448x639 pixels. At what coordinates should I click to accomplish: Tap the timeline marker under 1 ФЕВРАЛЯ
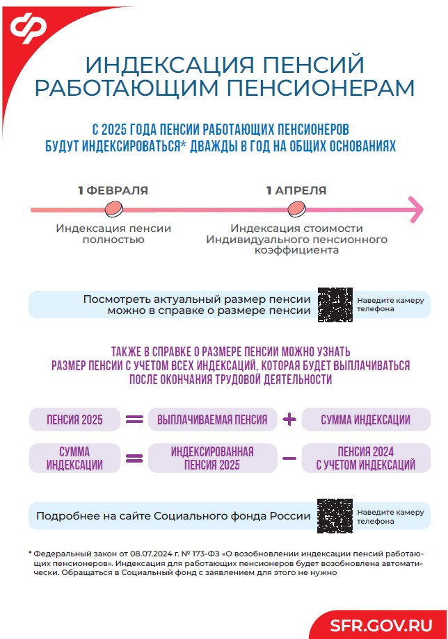[113, 208]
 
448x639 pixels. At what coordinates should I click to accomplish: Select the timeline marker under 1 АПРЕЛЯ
[296, 208]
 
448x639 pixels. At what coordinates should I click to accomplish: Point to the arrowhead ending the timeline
[416, 209]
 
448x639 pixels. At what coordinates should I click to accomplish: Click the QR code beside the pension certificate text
[335, 304]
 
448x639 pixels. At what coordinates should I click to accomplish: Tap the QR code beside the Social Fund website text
[335, 516]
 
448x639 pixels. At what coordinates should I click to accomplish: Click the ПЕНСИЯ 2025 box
[74, 420]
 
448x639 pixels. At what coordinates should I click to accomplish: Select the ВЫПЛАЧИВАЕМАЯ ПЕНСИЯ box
[212, 420]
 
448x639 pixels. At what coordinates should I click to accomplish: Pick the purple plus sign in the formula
[290, 420]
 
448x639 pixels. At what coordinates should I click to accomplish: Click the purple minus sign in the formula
[290, 458]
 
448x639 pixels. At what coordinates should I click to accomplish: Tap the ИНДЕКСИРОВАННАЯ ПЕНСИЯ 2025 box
[212, 458]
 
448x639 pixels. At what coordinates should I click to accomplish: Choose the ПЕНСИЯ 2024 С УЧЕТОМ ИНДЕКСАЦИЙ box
[366, 458]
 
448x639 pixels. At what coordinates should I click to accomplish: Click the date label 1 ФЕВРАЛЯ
[113, 190]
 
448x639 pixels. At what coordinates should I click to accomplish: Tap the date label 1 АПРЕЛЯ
[296, 190]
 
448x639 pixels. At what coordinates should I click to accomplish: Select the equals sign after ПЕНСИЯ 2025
[134, 420]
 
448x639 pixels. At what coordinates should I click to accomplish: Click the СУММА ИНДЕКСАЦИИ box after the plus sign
[366, 420]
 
